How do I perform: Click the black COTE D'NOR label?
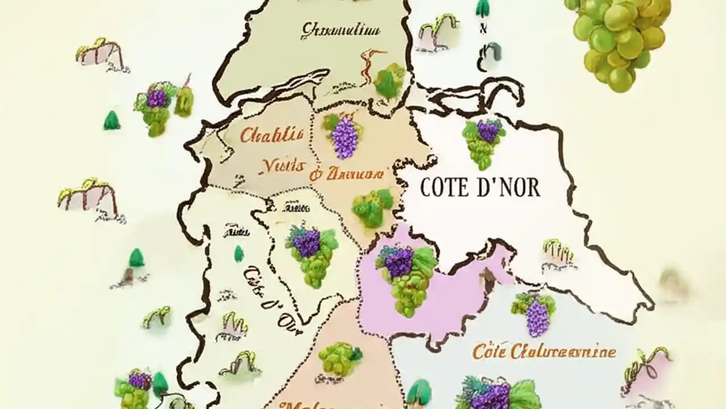(480, 188)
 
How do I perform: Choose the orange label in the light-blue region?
(544, 352)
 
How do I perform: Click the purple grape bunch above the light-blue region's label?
(534, 312)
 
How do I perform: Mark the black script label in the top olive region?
(340, 30)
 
